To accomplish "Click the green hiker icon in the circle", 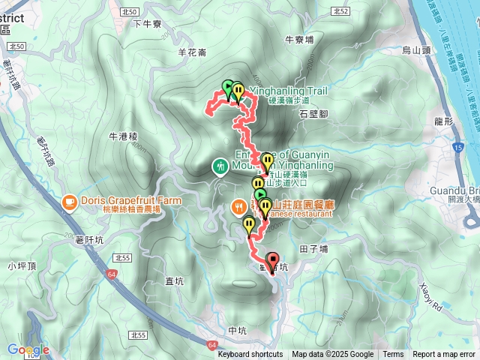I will click(220, 166).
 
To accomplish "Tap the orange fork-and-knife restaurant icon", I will click(238, 205).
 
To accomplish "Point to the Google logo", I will click(28, 349).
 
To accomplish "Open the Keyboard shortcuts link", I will click(250, 355).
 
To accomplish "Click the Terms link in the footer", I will click(393, 355).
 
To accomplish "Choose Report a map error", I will click(445, 355).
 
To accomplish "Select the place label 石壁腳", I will click(313, 114).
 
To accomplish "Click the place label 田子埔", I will click(313, 248).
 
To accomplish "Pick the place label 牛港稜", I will click(124, 136).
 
